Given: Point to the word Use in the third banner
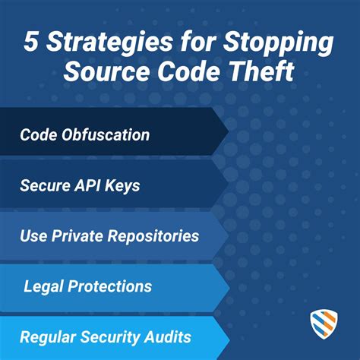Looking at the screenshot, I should pos(33,236).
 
